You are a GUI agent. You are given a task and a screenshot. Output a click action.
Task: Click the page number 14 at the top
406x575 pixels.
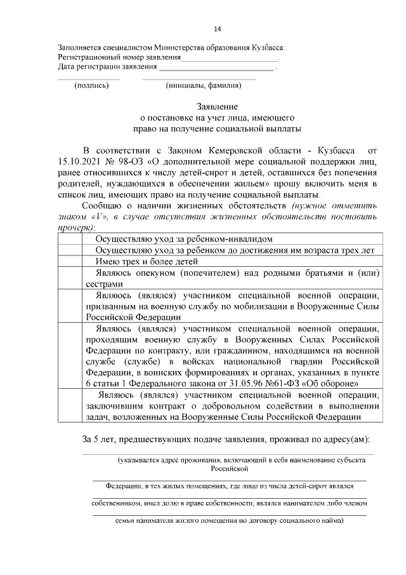point(218,29)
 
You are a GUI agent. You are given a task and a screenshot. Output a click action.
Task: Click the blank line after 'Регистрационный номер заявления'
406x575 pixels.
point(230,58)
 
